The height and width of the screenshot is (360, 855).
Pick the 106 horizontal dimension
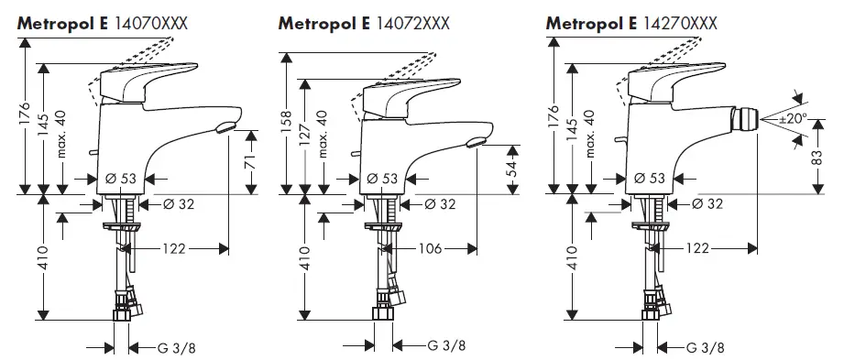pos(431,248)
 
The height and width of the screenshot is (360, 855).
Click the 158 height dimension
pos(287,119)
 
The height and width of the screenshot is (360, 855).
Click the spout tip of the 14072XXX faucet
pos(475,140)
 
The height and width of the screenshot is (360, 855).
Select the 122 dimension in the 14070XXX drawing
pos(178,248)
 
